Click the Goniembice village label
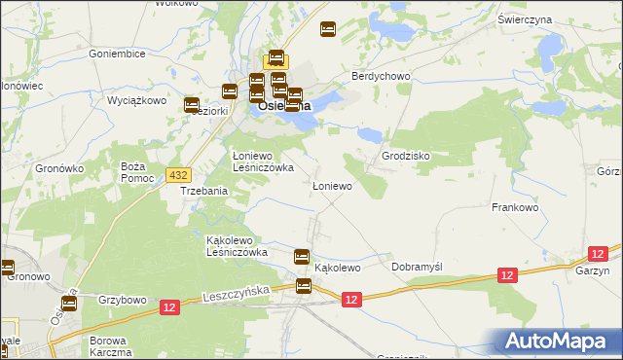[x=117, y=54]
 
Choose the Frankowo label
[x=516, y=207]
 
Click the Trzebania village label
[x=204, y=192]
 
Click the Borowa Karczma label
[x=109, y=346]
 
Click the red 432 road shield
[x=177, y=174]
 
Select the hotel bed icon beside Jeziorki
[x=192, y=105]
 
